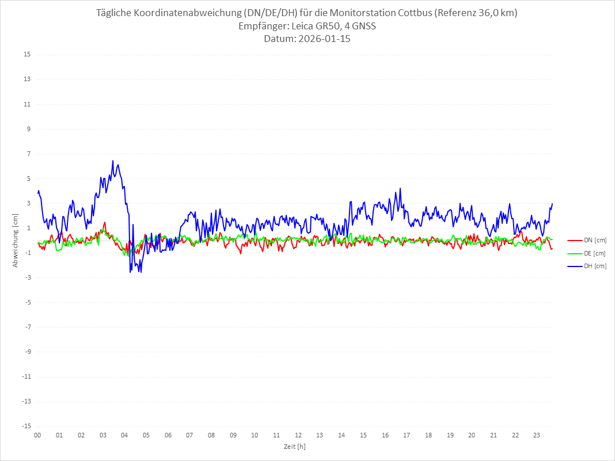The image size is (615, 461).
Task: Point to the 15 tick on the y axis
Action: [27, 55]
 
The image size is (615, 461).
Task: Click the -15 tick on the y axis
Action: [26, 426]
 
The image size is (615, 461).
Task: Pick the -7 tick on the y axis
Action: [27, 327]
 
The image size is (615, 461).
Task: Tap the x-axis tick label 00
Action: [37, 435]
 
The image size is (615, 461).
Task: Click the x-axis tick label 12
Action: [298, 435]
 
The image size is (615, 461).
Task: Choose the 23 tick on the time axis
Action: [537, 435]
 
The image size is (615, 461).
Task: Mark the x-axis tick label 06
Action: [168, 435]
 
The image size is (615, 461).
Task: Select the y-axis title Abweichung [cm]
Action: [16, 241]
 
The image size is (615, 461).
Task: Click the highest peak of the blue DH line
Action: [113, 161]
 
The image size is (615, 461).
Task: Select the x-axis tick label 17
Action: [407, 435]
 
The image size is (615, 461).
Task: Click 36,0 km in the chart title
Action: [496, 13]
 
